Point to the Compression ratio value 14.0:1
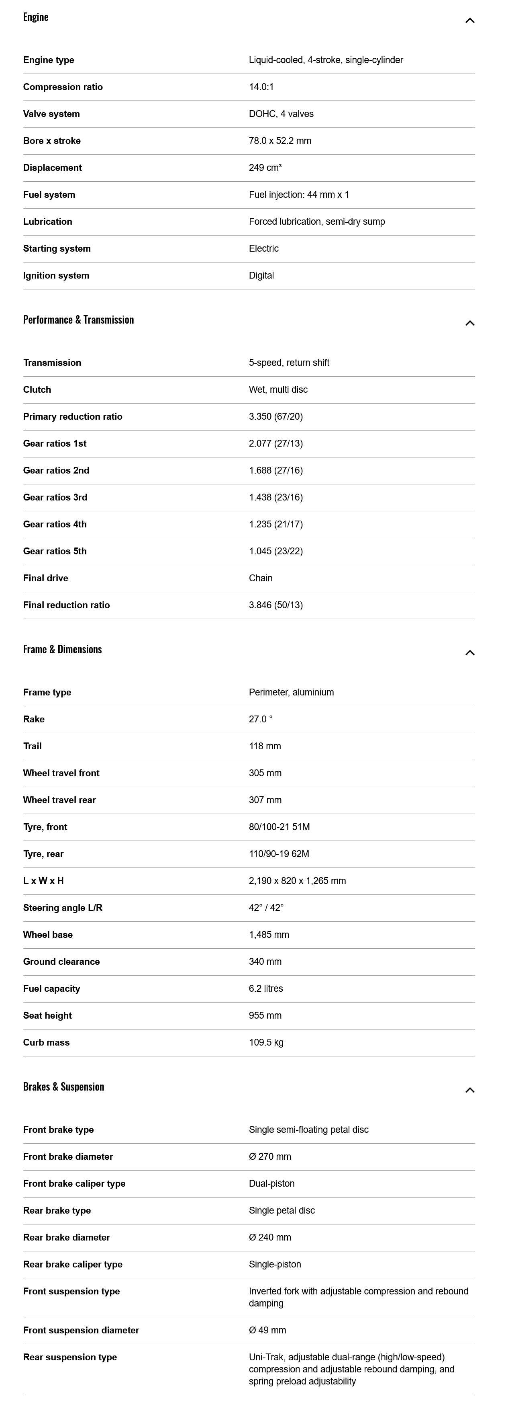(x=261, y=87)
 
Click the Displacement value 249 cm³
(x=265, y=168)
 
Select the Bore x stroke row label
(x=52, y=141)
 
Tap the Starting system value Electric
(x=263, y=249)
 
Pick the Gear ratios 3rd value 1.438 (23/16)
(x=275, y=497)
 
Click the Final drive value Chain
(x=261, y=578)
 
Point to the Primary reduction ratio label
(x=73, y=416)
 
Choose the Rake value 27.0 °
(x=261, y=719)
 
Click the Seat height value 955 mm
(x=265, y=1015)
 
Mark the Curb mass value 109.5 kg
(x=266, y=1042)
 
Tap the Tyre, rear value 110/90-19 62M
(x=279, y=854)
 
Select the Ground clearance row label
(x=61, y=962)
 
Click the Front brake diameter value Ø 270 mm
(x=270, y=1156)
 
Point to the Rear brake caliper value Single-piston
(x=275, y=1264)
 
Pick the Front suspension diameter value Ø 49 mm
(x=267, y=1330)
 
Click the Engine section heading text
(x=36, y=17)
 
